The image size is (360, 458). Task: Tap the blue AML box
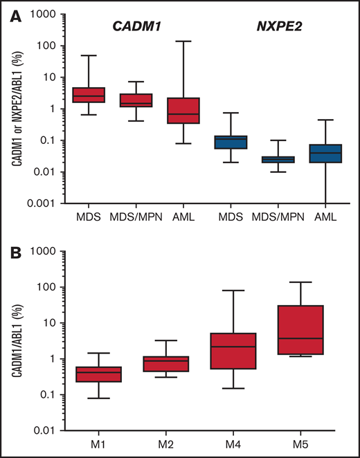326,154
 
